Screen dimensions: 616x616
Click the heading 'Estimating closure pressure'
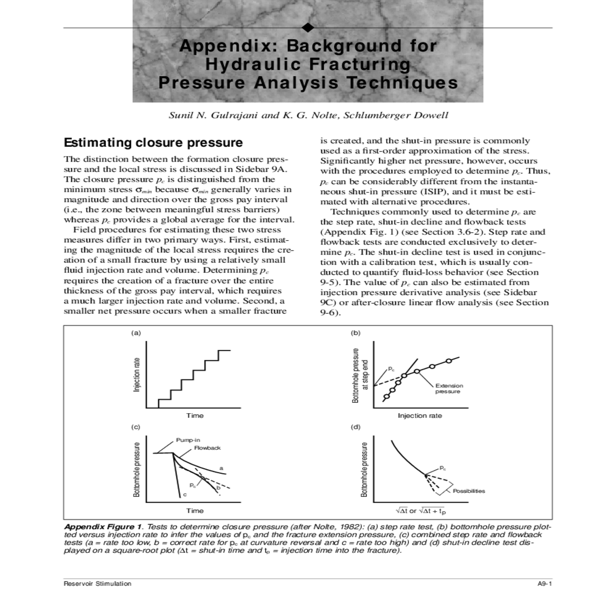point(153,142)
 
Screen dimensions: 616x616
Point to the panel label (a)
point(136,333)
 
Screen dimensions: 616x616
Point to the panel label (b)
point(356,333)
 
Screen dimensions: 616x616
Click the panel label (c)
point(136,427)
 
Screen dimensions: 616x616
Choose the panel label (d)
point(356,427)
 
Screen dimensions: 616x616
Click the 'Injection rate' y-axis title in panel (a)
point(137,375)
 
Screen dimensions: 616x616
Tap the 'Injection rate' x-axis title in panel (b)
point(420,415)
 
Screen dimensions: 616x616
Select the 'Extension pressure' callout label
point(449,389)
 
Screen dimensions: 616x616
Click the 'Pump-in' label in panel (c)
point(188,440)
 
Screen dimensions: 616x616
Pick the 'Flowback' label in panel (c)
point(207,448)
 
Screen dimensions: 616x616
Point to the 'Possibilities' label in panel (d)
point(469,491)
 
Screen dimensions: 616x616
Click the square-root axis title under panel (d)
point(420,511)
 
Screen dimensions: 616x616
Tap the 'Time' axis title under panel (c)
point(195,511)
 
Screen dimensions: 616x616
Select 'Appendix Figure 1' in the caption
point(103,527)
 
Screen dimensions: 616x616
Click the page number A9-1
point(544,583)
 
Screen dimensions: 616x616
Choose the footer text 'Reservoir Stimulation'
point(98,583)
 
